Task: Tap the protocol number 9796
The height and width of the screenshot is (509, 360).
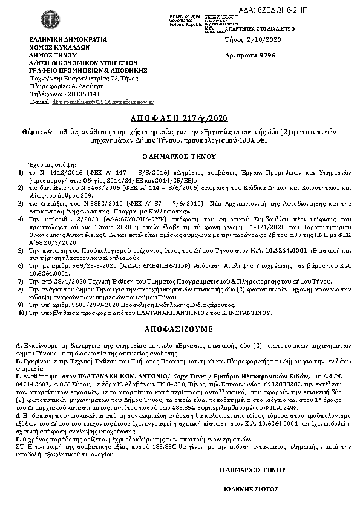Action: (267, 54)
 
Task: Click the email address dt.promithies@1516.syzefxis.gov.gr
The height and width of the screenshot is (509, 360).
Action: (103, 103)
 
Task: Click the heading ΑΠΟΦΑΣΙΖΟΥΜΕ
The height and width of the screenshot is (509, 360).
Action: (180, 332)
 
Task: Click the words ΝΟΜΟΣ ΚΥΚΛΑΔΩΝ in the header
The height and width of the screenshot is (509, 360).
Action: (60, 47)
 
